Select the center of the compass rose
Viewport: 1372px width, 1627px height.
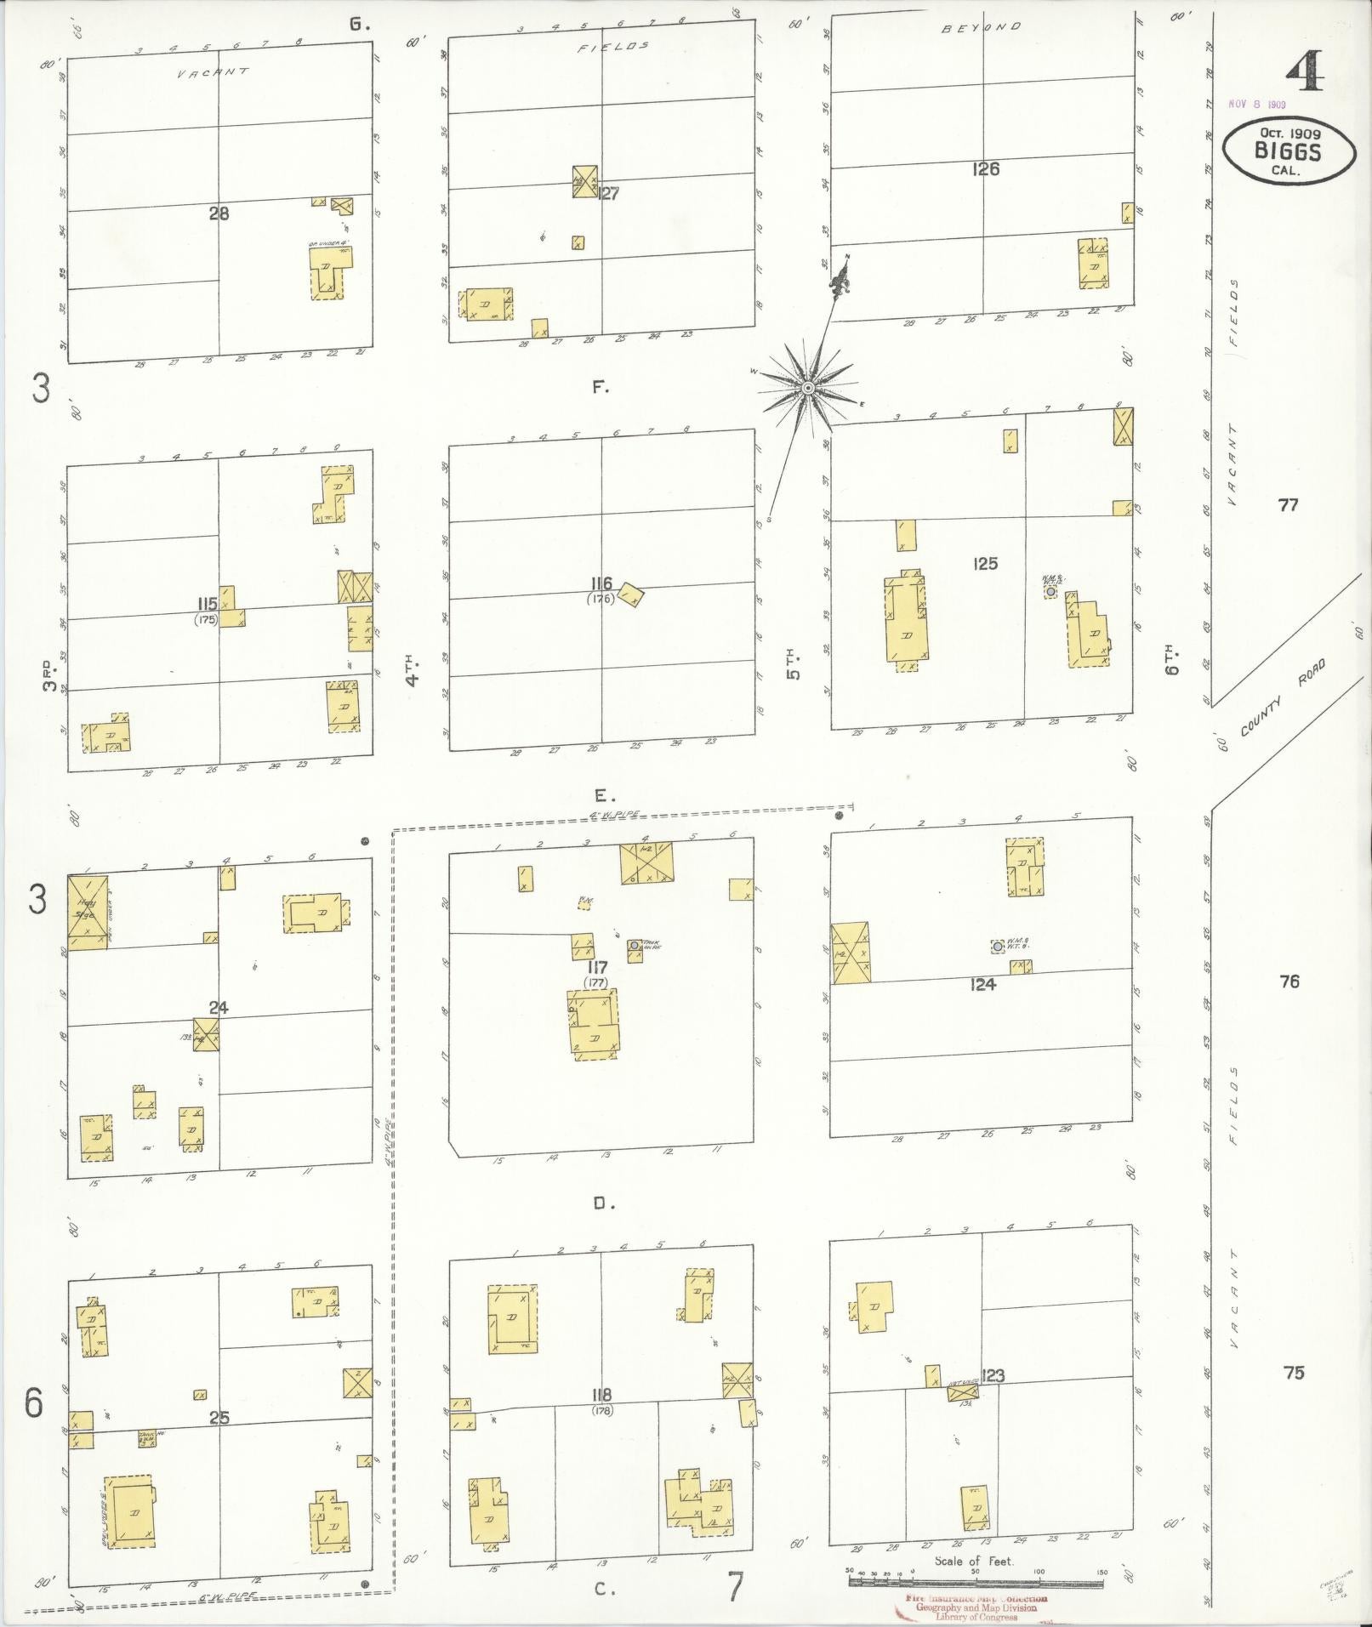point(807,389)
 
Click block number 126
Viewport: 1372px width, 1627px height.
point(985,168)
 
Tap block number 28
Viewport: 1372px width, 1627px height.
point(219,213)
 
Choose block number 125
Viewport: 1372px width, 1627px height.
point(985,563)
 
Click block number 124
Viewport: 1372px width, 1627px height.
point(982,984)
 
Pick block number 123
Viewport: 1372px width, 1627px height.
point(992,1375)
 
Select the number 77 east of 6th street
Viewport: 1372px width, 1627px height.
point(1289,505)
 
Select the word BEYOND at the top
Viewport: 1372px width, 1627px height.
point(981,27)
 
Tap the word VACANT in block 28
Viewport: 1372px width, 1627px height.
point(213,73)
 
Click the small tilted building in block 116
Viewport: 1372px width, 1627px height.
point(631,594)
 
